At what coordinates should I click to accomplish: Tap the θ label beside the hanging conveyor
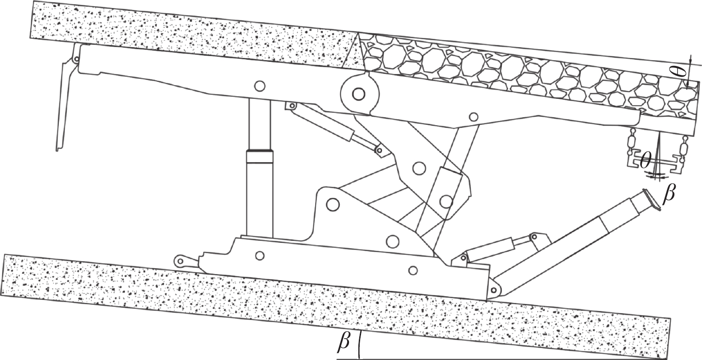645,161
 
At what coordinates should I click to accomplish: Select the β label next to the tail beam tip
669,194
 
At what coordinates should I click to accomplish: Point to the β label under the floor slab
344,343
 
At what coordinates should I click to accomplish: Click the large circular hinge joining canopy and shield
359,94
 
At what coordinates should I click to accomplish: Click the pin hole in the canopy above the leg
260,86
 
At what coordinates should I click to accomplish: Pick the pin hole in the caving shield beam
473,117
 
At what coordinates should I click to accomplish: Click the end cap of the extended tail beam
651,200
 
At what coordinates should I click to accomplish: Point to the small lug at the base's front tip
180,261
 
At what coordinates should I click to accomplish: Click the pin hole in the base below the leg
259,256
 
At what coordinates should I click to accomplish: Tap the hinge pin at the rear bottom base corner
493,290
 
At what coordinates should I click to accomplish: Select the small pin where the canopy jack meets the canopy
292,106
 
